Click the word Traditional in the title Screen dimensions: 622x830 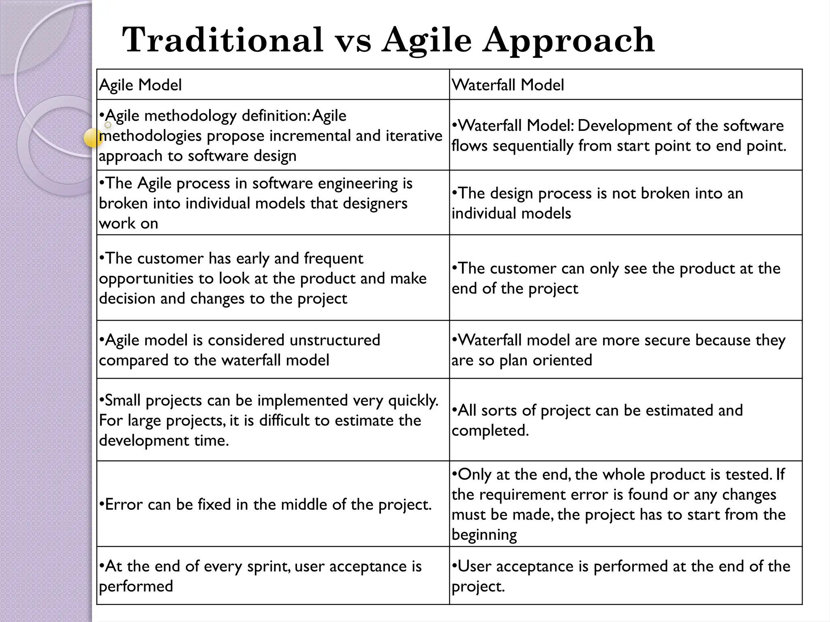point(222,40)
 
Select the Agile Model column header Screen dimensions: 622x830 point(140,85)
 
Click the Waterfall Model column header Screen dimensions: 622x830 point(508,85)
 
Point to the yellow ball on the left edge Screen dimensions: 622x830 point(93,138)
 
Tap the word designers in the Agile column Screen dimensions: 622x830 point(375,203)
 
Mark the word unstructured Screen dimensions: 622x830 point(334,340)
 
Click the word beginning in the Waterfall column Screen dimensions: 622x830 point(484,535)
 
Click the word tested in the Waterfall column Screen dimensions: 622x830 point(747,475)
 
